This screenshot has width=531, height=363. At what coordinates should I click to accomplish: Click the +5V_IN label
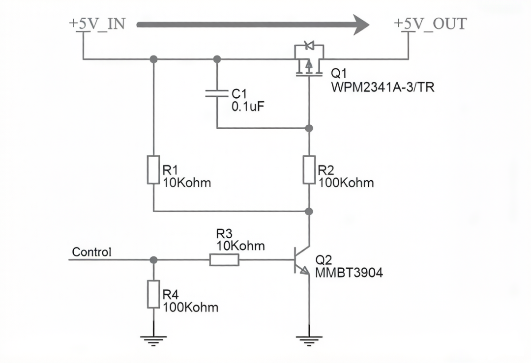click(x=97, y=24)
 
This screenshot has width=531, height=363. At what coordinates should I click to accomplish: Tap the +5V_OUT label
click(x=430, y=24)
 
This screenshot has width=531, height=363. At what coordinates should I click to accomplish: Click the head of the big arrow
click(x=361, y=25)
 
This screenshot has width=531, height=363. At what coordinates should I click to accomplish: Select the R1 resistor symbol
click(x=153, y=170)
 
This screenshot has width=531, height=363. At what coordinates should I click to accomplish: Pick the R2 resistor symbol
click(x=309, y=170)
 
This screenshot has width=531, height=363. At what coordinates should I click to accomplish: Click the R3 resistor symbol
click(x=224, y=260)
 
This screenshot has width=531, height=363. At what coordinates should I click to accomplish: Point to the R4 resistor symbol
click(x=153, y=294)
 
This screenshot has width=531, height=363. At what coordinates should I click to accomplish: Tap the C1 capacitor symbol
click(x=217, y=93)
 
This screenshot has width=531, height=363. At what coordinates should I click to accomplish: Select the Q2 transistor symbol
click(x=301, y=260)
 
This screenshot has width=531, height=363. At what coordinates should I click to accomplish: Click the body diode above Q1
click(x=309, y=45)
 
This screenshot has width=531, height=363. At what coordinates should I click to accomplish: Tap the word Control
click(x=91, y=252)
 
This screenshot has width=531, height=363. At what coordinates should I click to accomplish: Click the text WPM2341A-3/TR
click(x=383, y=87)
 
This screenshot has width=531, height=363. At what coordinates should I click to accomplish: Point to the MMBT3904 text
click(x=349, y=273)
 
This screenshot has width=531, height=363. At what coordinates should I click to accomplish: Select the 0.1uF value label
click(x=248, y=107)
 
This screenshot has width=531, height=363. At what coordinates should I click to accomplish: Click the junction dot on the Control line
click(x=153, y=260)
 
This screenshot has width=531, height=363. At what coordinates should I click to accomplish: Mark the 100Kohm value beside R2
click(x=346, y=183)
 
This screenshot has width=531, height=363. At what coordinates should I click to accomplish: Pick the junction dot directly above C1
click(x=217, y=59)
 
